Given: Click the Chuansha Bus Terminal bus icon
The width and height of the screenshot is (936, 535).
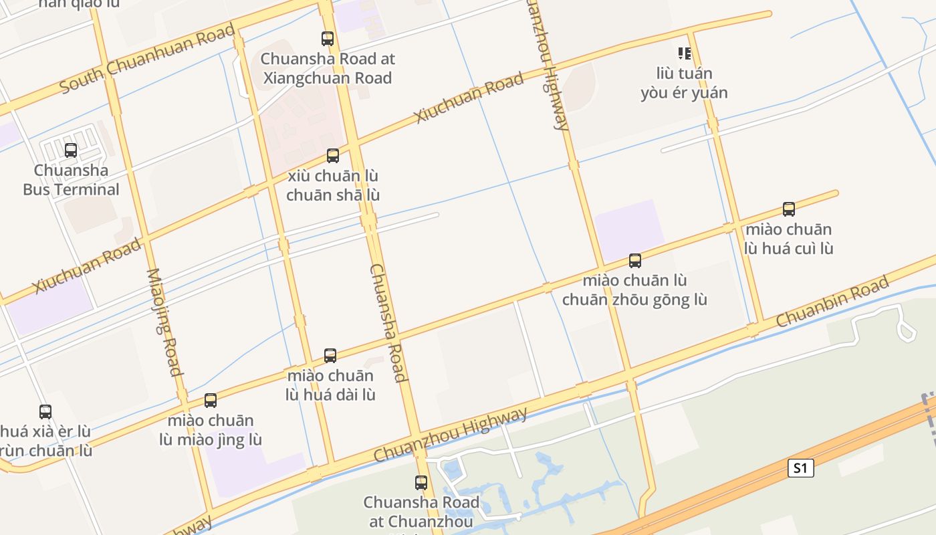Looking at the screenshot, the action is [x=71, y=150].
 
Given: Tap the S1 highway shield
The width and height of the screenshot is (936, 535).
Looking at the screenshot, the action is [x=800, y=468].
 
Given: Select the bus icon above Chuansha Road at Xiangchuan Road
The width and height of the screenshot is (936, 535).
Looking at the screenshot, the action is [x=328, y=39].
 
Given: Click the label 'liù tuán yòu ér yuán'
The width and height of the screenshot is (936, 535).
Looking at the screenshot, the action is [x=684, y=83].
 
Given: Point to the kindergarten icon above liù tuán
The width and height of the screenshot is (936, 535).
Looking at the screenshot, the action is [x=684, y=53].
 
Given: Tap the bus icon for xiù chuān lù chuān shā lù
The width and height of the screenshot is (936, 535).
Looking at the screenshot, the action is [x=333, y=156].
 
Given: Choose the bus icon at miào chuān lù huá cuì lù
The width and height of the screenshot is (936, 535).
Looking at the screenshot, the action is [x=789, y=209].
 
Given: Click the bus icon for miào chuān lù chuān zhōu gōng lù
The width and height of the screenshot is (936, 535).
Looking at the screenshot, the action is [x=635, y=261].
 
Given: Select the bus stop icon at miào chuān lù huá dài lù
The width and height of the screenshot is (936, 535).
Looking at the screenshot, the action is [x=330, y=356].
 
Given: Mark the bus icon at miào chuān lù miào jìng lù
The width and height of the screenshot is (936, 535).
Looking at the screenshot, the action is [x=211, y=401].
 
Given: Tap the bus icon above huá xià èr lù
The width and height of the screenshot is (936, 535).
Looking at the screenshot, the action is [x=45, y=412].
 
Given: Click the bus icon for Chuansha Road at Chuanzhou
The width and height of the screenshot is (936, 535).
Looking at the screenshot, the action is [x=421, y=482].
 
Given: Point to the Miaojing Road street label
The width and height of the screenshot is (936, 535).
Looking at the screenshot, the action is [x=164, y=322].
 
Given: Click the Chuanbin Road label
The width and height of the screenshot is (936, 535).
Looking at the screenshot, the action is [x=832, y=302].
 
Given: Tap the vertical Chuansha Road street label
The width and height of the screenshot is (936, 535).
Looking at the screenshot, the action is [x=388, y=323].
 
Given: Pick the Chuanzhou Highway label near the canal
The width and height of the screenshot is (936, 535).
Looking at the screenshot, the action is [x=451, y=434].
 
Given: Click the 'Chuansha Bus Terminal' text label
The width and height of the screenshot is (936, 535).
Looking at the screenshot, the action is [x=71, y=180].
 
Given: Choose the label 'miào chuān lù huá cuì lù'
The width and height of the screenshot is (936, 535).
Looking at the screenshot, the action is [x=789, y=239].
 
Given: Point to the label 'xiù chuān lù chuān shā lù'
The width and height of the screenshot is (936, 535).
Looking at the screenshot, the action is [x=333, y=185].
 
